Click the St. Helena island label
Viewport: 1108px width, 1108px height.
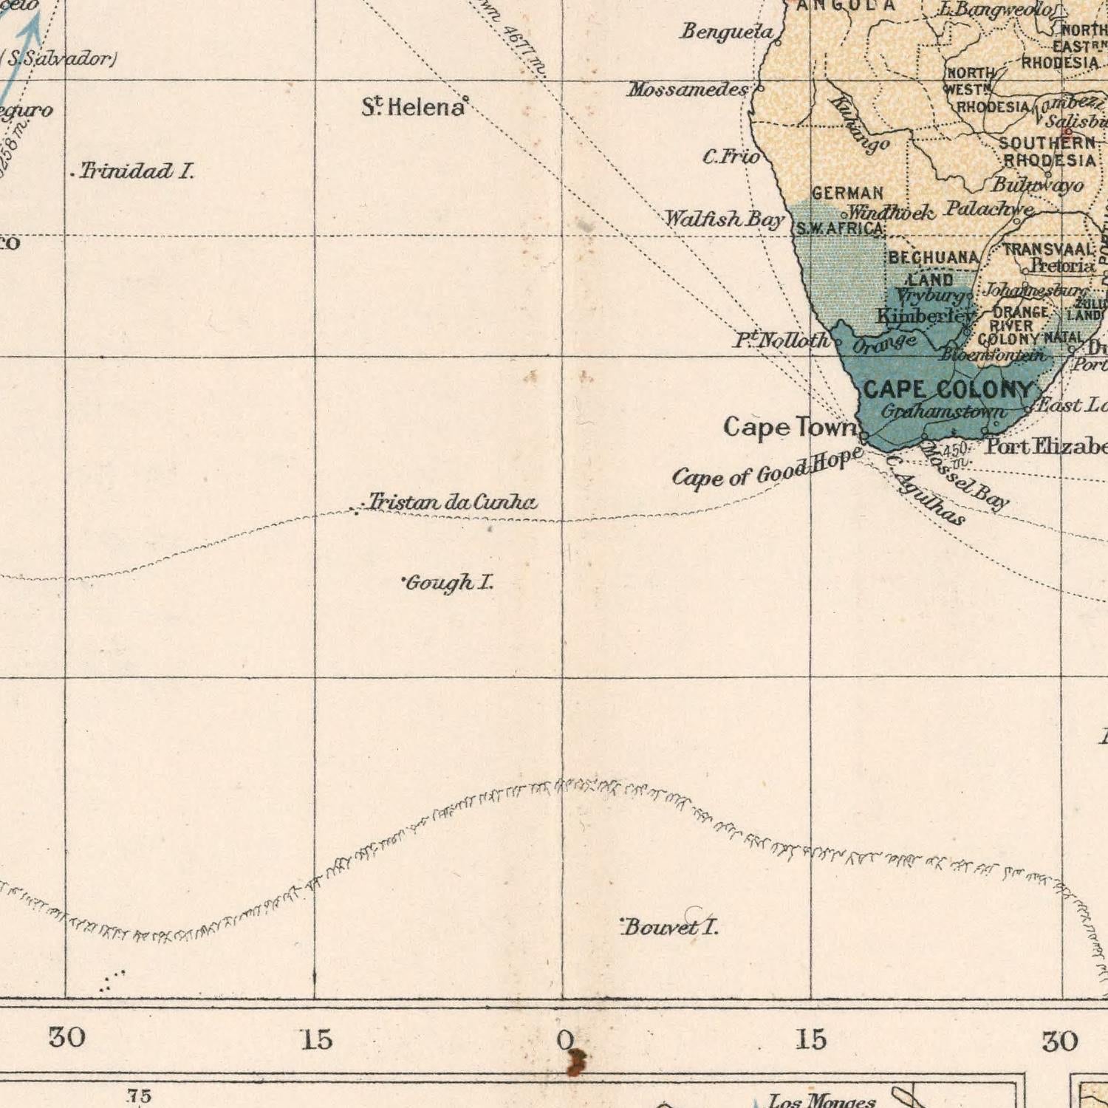pos(414,108)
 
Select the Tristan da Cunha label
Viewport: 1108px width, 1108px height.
pos(453,503)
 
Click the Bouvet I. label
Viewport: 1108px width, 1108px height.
pos(670,927)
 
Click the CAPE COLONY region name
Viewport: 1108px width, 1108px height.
pos(948,389)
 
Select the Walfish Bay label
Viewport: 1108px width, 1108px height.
pos(724,219)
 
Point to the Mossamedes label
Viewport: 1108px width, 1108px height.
pos(688,90)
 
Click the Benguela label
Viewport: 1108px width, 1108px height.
pos(727,32)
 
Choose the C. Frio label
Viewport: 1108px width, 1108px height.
pos(731,157)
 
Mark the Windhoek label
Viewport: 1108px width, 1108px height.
pos(891,213)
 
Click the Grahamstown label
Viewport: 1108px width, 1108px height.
pos(943,411)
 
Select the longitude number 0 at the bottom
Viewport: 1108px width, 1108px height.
pos(564,1040)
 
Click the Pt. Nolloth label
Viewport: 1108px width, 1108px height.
pos(782,341)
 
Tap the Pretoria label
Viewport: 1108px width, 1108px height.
pos(1063,265)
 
